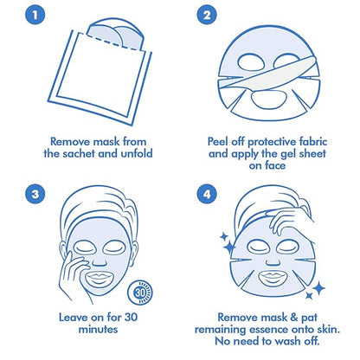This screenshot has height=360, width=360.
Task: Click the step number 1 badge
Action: (35, 15)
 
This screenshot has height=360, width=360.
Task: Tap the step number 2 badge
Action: (207, 15)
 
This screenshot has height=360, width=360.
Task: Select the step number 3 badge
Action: (35, 194)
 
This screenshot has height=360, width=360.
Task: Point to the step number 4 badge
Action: (207, 194)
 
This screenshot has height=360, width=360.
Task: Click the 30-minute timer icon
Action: (140, 292)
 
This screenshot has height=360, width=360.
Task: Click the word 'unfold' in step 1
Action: (137, 153)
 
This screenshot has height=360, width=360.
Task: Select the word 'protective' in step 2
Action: (269, 142)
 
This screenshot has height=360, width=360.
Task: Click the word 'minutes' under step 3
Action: (98, 329)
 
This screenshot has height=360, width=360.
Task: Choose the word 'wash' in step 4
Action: (287, 341)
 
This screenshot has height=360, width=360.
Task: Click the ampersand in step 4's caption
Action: (294, 318)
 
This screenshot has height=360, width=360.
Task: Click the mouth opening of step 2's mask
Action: (268, 100)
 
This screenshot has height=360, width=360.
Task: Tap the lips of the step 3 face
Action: (99, 278)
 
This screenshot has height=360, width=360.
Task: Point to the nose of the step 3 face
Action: (100, 261)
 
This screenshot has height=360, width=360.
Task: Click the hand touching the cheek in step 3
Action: (71, 274)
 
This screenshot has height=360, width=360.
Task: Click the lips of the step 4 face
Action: (273, 277)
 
